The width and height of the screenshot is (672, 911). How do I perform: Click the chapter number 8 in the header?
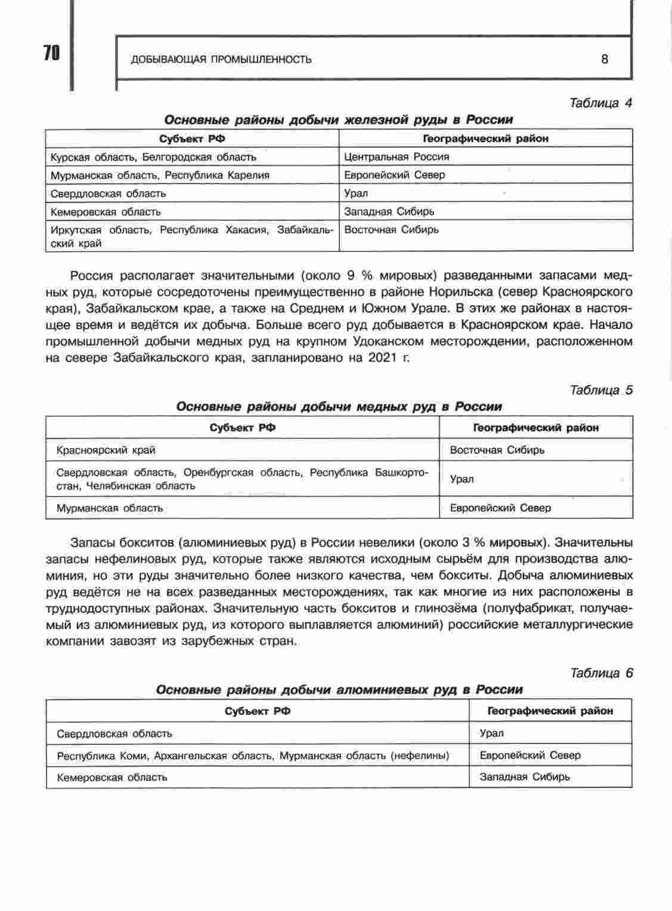coord(605,59)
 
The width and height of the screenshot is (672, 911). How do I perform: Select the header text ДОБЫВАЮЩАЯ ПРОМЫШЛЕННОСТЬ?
coord(221,59)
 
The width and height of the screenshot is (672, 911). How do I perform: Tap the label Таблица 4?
coord(600,103)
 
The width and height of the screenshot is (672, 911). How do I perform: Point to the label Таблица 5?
coord(601,390)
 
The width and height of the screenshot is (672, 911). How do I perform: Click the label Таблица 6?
coord(601,673)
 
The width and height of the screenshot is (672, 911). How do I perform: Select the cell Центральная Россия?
coord(397,157)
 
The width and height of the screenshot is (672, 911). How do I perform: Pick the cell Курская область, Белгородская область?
coord(153,157)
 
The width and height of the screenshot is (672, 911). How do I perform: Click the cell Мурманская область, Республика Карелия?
coord(160,175)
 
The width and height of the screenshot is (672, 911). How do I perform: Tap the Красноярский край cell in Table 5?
coord(106,450)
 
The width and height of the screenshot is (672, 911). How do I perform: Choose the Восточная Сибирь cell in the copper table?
coord(497,450)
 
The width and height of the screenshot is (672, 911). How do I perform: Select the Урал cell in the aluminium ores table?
coord(491,733)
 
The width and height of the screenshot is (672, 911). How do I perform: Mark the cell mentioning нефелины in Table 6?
coord(253,755)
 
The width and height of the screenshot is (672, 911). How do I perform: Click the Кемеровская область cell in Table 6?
coord(112,778)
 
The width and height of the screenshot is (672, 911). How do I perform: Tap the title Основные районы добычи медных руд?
coord(339,406)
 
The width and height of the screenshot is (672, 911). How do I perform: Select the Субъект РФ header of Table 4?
coord(192,139)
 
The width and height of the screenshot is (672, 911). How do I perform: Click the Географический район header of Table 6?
coord(550,711)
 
